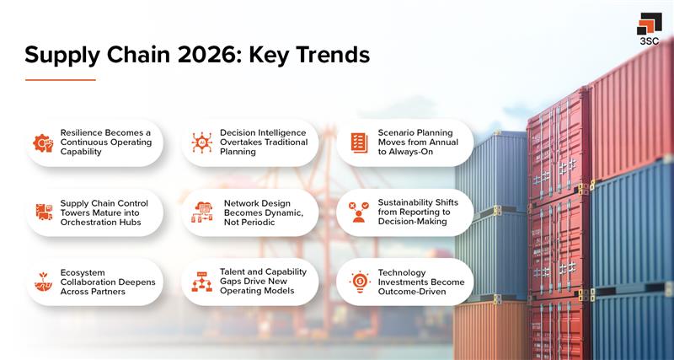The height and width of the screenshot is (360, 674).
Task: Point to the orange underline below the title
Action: [60, 80]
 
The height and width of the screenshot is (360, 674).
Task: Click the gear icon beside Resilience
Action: [43, 142]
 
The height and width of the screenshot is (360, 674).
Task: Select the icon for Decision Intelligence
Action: [201, 142]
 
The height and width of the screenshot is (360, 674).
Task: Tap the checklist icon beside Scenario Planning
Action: [359, 142]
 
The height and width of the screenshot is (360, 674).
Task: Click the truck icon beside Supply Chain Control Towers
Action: [44, 212]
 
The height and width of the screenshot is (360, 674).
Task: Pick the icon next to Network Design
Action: [202, 212]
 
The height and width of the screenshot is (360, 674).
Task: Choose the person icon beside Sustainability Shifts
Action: [359, 212]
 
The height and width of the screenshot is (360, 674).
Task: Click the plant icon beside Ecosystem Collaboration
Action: [43, 282]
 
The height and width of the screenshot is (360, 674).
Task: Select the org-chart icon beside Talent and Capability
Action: [201, 282]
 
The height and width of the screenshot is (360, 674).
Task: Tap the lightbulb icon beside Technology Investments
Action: [359, 282]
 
